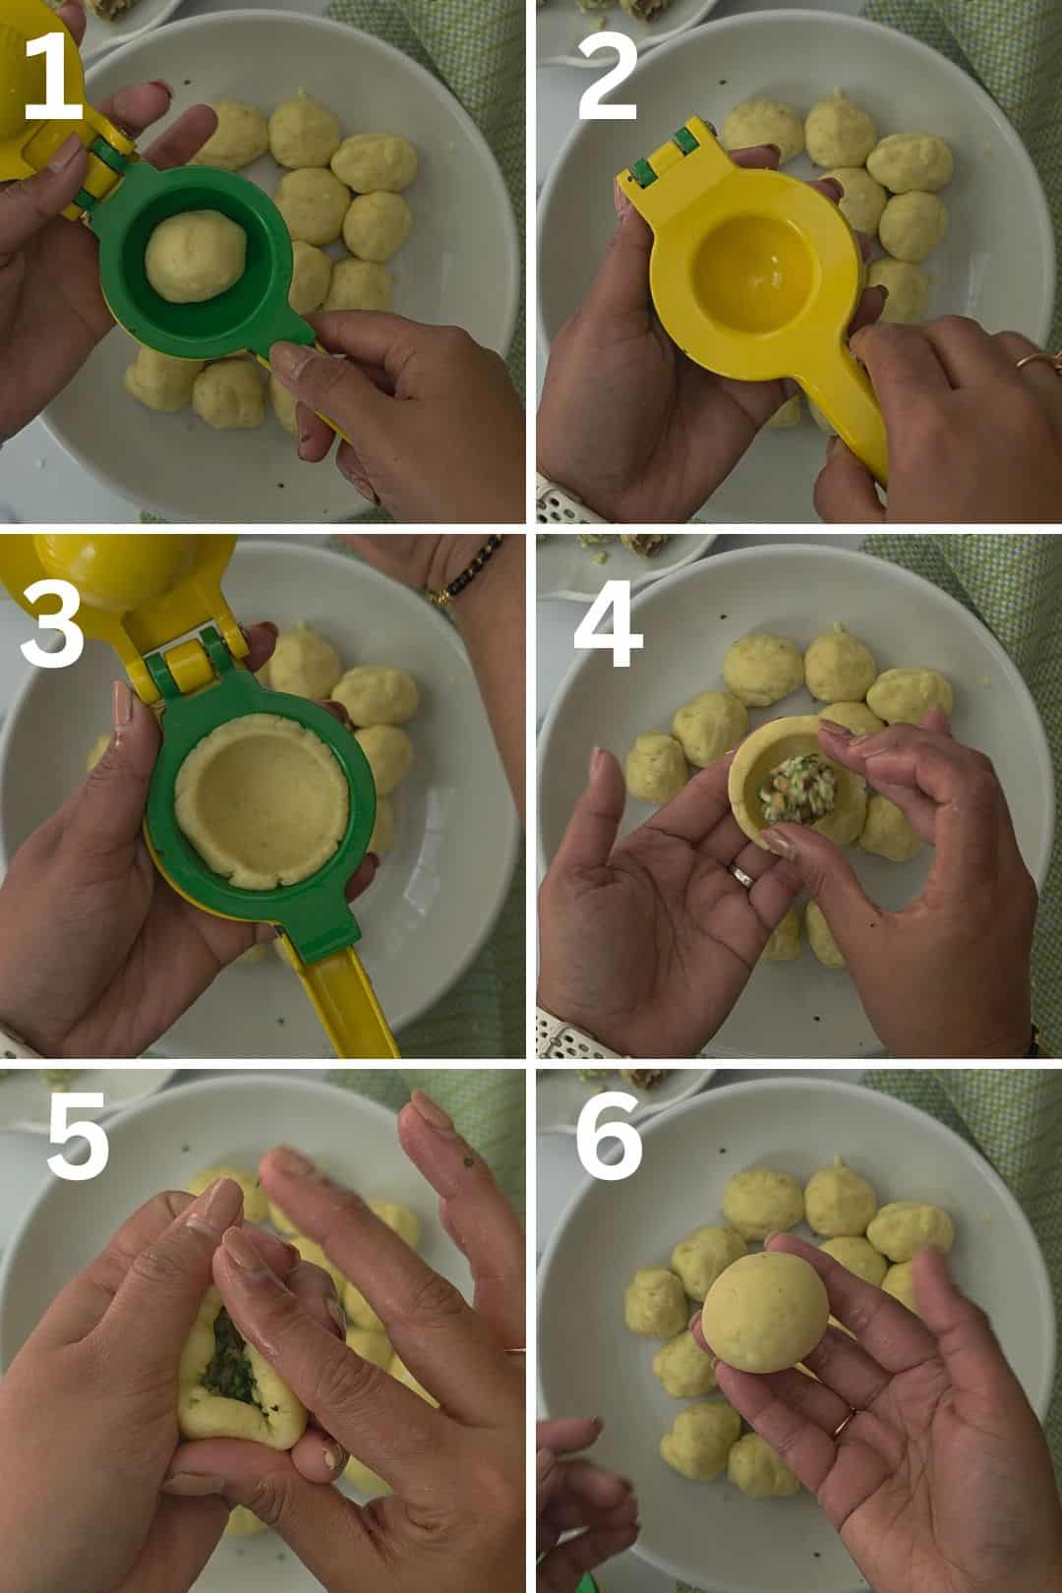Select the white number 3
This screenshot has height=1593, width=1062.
tap(53, 623)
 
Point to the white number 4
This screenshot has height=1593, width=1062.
tap(608, 623)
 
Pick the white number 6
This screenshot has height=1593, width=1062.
tap(609, 1135)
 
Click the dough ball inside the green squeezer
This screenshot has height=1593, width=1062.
tap(196, 256)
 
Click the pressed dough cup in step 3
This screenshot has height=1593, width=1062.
tap(262, 801)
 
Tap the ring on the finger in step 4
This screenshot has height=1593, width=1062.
tap(741, 875)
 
